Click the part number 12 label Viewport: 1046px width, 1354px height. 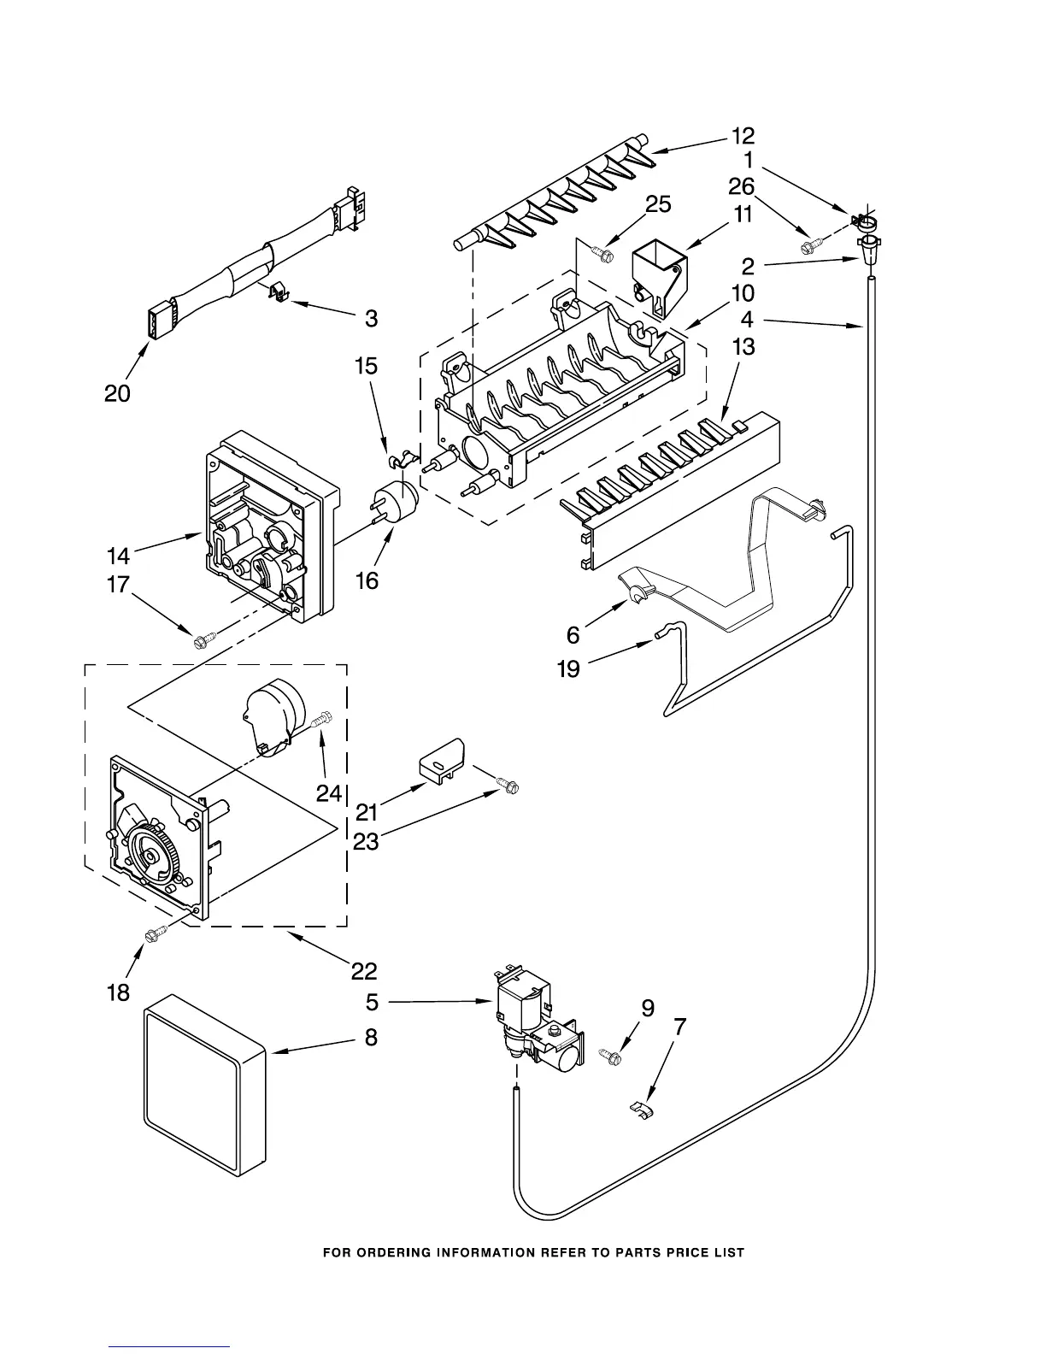[x=743, y=135]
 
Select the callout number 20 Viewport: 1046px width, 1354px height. [x=117, y=393]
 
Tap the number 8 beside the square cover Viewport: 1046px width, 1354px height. [x=370, y=1037]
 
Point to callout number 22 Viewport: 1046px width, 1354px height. [x=363, y=970]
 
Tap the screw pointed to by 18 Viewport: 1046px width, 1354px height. [x=156, y=935]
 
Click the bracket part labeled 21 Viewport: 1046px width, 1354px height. [x=440, y=759]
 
